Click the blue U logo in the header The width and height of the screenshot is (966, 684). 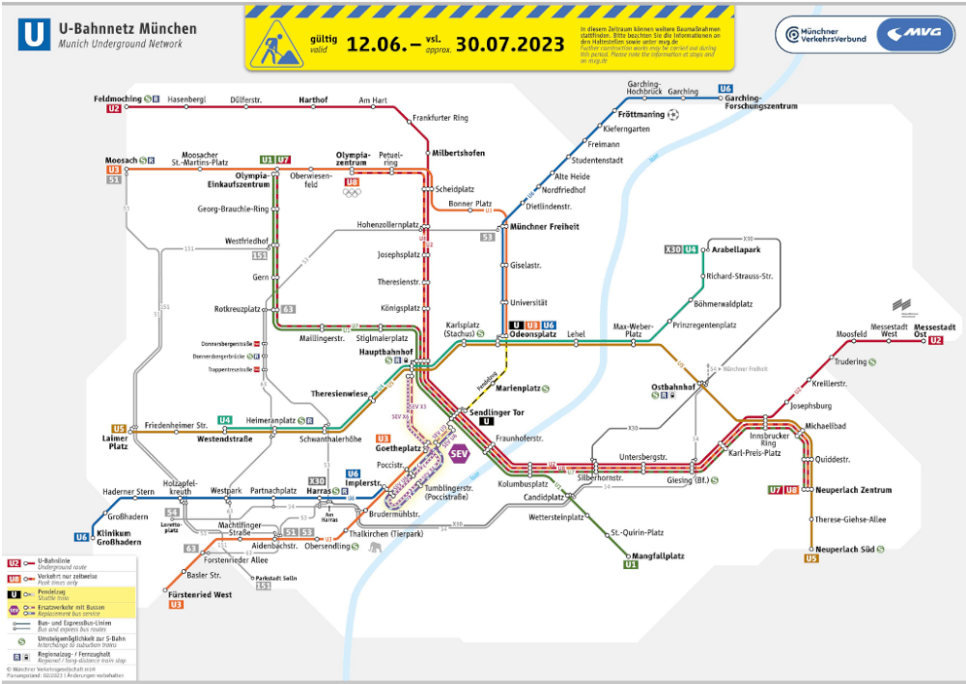36,36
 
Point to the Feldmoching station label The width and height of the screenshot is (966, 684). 118,99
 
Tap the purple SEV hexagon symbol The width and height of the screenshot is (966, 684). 459,453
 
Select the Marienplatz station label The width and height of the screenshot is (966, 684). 519,388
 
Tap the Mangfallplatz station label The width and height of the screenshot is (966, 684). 658,556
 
